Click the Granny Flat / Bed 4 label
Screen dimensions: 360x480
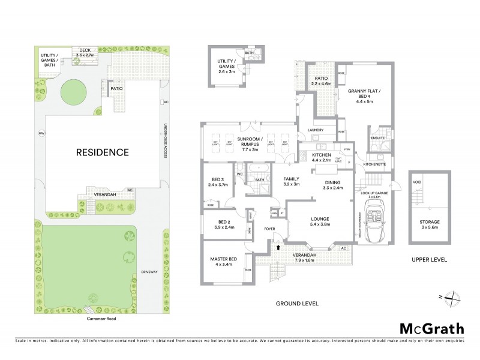pos(364,96)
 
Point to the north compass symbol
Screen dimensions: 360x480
pos(454,298)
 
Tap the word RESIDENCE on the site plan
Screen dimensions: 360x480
pos(102,152)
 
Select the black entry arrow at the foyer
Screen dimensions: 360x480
pos(278,245)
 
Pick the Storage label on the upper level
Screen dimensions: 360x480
pos(430,225)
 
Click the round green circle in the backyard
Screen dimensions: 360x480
pos(76,94)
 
